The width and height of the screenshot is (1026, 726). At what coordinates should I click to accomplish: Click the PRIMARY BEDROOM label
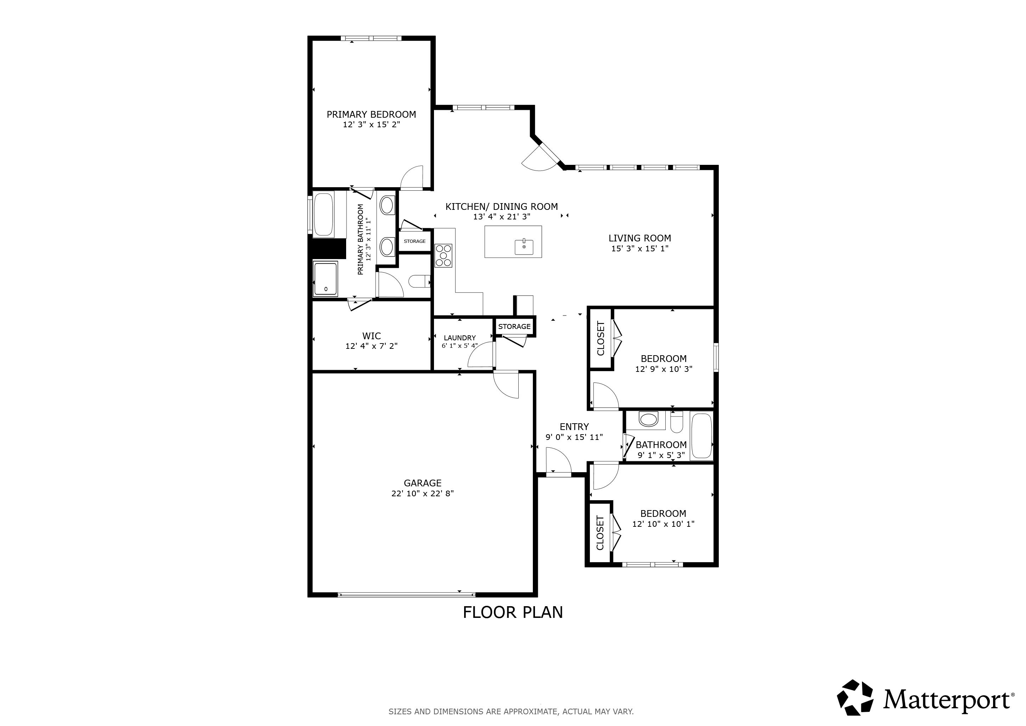pyautogui.click(x=371, y=115)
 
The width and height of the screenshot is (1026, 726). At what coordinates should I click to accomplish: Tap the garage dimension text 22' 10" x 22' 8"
pyautogui.click(x=422, y=493)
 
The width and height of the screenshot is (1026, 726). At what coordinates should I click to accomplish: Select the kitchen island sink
pyautogui.click(x=524, y=246)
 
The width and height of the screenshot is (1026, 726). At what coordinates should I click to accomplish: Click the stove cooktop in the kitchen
pyautogui.click(x=443, y=256)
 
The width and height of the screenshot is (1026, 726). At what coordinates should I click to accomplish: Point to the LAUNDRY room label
pyautogui.click(x=460, y=338)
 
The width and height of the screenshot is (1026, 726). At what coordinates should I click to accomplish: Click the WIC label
pyautogui.click(x=371, y=336)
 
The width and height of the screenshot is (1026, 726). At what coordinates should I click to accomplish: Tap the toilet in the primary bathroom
pyautogui.click(x=418, y=281)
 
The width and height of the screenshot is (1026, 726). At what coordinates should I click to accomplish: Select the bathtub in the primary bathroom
pyautogui.click(x=323, y=214)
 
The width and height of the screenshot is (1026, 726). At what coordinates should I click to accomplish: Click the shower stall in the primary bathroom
pyautogui.click(x=325, y=279)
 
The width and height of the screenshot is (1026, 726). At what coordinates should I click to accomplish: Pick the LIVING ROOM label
pyautogui.click(x=639, y=238)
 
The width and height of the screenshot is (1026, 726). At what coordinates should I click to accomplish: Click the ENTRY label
pyautogui.click(x=574, y=426)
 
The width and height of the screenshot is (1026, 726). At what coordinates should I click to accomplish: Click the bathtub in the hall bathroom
pyautogui.click(x=701, y=436)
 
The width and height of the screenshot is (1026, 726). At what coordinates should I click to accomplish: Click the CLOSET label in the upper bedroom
pyautogui.click(x=600, y=339)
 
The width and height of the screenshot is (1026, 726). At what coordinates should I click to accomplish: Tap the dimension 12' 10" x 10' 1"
pyautogui.click(x=663, y=524)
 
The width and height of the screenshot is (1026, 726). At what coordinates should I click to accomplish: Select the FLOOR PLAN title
pyautogui.click(x=513, y=612)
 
